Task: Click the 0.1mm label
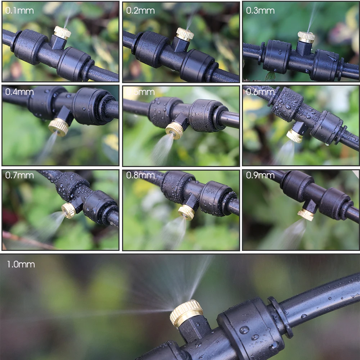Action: tap(19, 10)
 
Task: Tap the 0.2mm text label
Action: tap(140, 10)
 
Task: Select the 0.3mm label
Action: tap(260, 10)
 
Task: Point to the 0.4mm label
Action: tap(19, 92)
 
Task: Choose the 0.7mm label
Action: tap(19, 175)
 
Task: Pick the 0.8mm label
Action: tap(140, 175)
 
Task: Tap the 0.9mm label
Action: tap(260, 175)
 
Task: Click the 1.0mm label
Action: tap(21, 264)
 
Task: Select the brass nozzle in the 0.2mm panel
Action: tap(185, 34)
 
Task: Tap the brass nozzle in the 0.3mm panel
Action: tap(306, 37)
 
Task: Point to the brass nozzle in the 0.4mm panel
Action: tap(59, 127)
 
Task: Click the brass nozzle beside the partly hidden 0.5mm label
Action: tap(175, 130)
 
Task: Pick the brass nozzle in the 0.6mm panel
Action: tap(294, 136)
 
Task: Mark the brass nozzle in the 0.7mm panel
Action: tap(68, 210)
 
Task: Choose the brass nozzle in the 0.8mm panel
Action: tap(186, 212)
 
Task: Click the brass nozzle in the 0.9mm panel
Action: tap(306, 214)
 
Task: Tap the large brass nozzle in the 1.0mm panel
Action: tap(186, 312)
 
